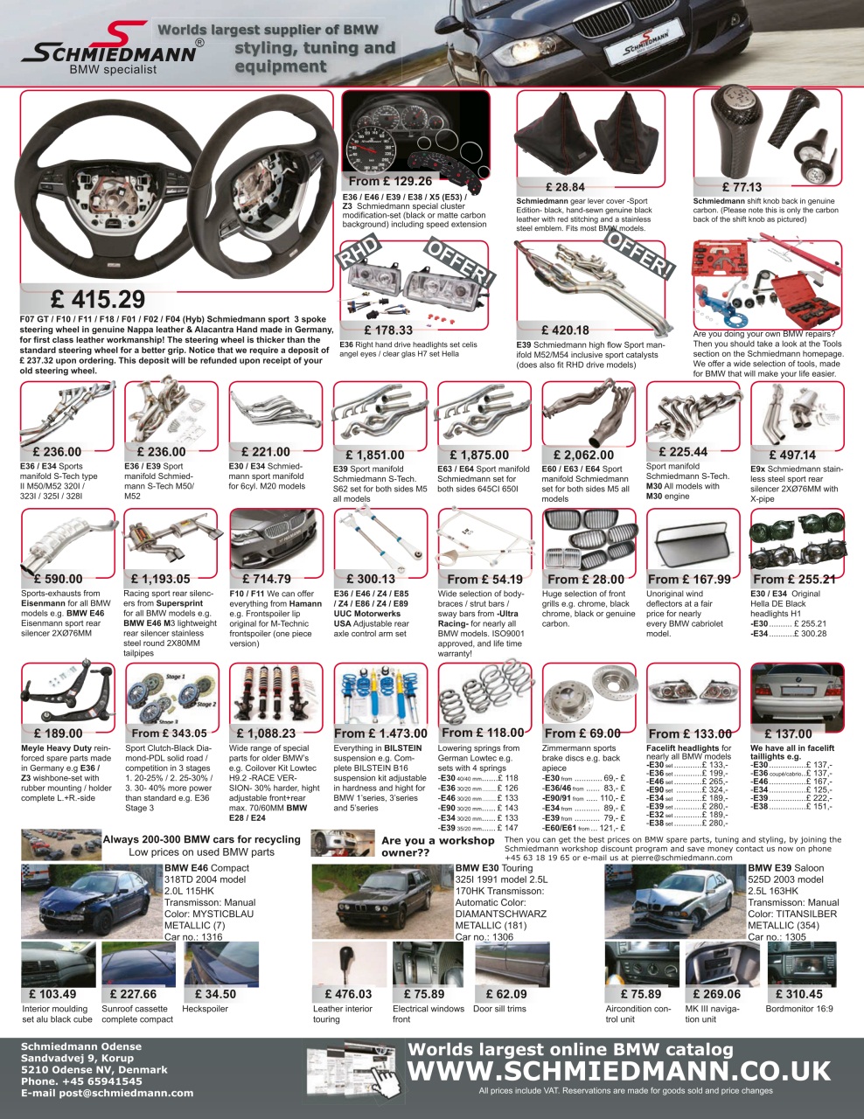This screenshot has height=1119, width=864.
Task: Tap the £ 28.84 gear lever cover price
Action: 565,187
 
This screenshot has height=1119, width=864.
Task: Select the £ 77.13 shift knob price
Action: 742,187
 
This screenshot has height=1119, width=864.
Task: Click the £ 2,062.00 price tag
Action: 577,455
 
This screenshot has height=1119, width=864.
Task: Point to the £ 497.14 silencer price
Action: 792,455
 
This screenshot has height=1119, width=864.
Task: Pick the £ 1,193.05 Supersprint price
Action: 160,579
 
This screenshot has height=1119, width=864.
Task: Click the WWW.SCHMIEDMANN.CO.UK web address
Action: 619,1071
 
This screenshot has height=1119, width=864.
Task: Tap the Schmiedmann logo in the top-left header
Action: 108,49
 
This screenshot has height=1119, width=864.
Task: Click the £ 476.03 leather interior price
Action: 348,994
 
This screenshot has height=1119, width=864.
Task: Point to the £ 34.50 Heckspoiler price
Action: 215,994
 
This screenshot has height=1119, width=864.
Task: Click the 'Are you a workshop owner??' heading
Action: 438,846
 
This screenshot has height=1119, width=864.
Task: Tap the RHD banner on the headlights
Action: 359,253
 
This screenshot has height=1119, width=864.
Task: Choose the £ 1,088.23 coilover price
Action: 266,733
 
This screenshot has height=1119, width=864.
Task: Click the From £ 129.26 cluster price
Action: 390,182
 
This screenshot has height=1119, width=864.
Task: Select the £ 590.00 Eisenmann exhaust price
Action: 58,579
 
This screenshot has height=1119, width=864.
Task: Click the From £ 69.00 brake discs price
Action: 582,733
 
